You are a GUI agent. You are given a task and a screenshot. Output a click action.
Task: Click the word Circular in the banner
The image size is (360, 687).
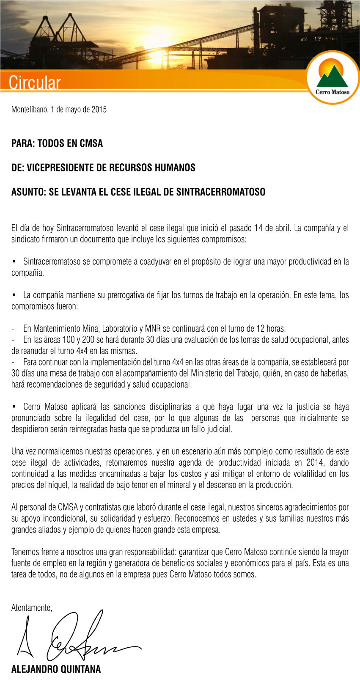pyautogui.click(x=35, y=82)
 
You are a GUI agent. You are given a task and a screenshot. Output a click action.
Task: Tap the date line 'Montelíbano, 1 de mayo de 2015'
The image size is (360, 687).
pyautogui.click(x=59, y=110)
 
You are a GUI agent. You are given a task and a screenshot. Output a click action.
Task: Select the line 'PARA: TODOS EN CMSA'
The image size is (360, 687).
pyautogui.click(x=57, y=143)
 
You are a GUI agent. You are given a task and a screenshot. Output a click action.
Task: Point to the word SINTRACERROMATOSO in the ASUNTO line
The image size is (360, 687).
pyautogui.click(x=220, y=192)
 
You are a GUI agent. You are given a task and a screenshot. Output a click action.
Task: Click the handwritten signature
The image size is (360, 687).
pyautogui.click(x=76, y=637)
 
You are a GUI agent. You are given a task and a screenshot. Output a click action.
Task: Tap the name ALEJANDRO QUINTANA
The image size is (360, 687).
pyautogui.click(x=56, y=669)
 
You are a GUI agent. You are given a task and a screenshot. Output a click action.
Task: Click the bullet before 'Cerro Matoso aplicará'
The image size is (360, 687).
pyautogui.click(x=14, y=407)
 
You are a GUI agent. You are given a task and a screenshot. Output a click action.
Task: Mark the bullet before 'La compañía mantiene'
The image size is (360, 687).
pyautogui.click(x=14, y=295)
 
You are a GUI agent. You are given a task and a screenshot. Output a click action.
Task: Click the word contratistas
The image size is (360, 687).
pyautogui.click(x=102, y=507)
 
